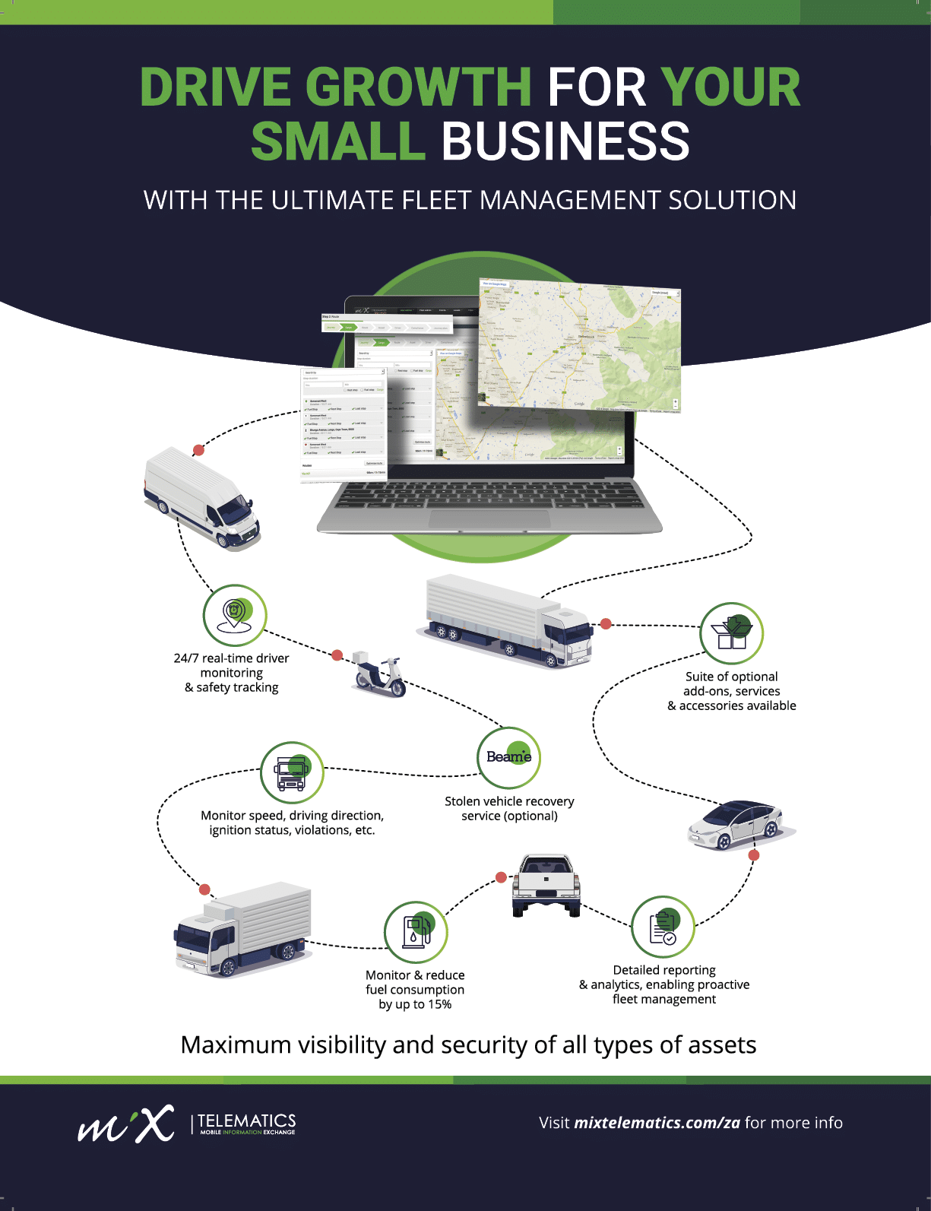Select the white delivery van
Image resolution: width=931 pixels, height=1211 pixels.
201,497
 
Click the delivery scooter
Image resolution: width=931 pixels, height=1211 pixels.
378,674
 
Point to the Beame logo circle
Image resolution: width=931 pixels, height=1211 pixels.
508,757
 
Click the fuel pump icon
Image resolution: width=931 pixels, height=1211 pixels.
416,932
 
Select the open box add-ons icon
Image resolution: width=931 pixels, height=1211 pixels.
731,633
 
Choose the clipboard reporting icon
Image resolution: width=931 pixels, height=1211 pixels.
663,927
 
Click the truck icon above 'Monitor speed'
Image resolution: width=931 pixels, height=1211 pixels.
292,772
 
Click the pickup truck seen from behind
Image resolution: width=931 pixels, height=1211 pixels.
546,885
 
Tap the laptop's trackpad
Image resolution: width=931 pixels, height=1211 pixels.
489,519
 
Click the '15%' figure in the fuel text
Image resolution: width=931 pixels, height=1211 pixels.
439,1004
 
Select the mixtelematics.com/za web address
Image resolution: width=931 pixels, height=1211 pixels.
657,1123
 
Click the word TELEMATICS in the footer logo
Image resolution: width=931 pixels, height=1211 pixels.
247,1121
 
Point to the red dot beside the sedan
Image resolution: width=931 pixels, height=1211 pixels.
754,855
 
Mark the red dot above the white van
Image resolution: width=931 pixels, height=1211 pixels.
198,450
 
